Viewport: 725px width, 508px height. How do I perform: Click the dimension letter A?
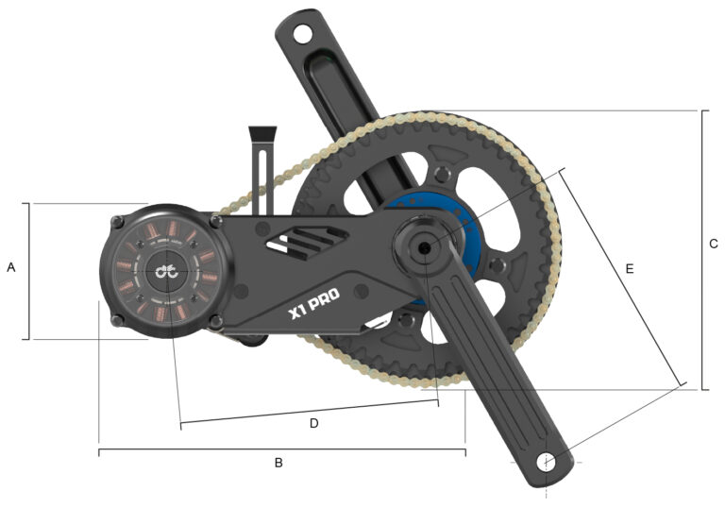click(x=11, y=268)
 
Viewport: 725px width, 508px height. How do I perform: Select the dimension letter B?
click(x=278, y=463)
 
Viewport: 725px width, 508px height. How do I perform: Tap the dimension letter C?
click(x=714, y=244)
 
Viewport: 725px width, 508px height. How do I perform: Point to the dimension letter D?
click(x=314, y=423)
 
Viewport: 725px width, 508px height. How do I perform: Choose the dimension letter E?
click(x=630, y=268)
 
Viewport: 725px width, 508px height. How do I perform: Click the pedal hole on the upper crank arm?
click(x=301, y=34)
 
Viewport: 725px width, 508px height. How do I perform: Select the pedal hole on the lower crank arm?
click(x=547, y=462)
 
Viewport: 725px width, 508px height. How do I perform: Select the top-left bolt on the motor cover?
click(x=116, y=223)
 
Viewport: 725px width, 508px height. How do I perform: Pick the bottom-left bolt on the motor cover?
click(x=117, y=321)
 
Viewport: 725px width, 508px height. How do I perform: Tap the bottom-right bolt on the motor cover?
click(x=217, y=322)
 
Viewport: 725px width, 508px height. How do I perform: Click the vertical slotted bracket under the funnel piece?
click(x=261, y=176)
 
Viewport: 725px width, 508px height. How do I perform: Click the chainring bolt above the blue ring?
click(x=439, y=174)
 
